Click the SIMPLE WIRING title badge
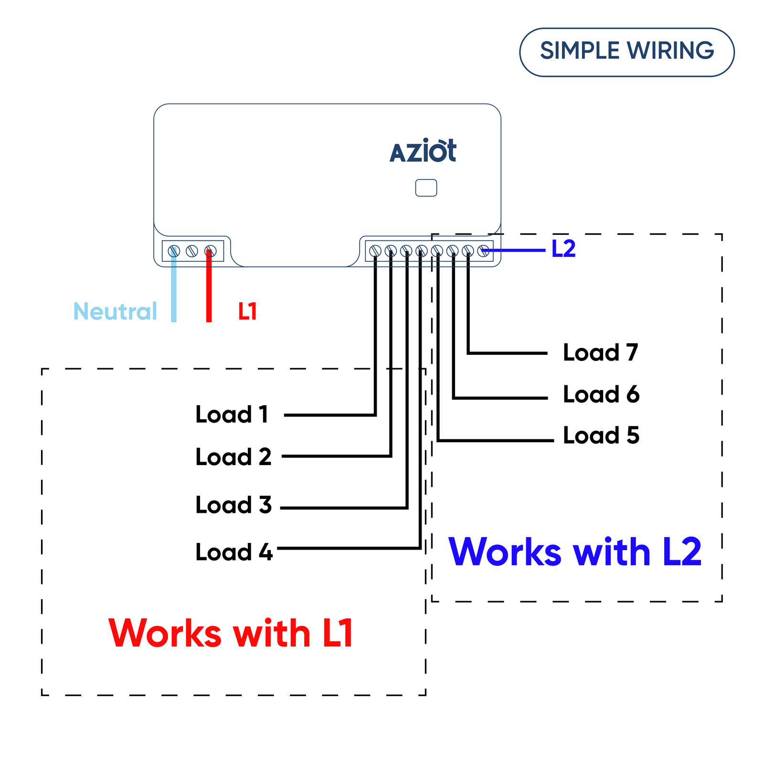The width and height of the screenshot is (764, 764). point(626,52)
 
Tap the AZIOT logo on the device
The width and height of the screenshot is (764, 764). point(423,151)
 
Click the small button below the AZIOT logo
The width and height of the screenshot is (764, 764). point(426,188)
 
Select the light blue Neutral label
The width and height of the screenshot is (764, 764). point(115,311)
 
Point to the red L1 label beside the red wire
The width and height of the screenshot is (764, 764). point(247,311)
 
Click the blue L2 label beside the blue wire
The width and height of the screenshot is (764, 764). point(563,249)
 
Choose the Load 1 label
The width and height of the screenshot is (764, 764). point(232,414)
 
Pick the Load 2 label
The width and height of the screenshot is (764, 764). point(233,457)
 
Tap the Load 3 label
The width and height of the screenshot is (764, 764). point(233,505)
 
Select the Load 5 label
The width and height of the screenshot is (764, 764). point(601,435)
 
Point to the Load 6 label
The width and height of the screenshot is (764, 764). point(601,394)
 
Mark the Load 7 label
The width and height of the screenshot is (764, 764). point(600,353)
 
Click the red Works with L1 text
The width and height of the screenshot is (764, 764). point(231,633)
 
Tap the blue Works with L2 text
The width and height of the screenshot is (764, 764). point(575,552)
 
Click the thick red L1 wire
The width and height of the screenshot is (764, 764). point(209,291)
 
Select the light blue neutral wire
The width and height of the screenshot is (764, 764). point(174,291)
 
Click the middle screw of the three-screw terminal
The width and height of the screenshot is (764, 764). point(192,251)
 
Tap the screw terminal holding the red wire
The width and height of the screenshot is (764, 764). point(210,251)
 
